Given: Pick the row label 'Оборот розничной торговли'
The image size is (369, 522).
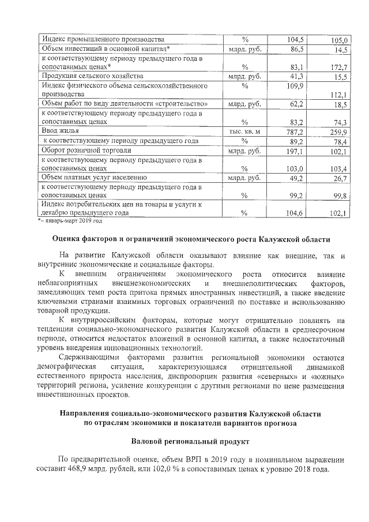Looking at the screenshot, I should click(86, 150).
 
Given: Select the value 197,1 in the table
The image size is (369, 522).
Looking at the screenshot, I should click(295, 151).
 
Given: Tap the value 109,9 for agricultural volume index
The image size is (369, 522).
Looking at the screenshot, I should click(295, 85).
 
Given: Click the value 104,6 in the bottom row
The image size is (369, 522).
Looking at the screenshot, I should click(295, 213).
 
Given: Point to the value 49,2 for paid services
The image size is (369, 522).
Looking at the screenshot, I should click(296, 178).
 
